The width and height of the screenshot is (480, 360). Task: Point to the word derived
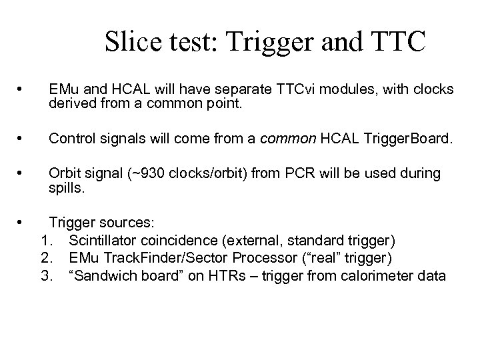(71, 103)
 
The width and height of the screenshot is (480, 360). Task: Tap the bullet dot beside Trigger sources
(22, 221)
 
